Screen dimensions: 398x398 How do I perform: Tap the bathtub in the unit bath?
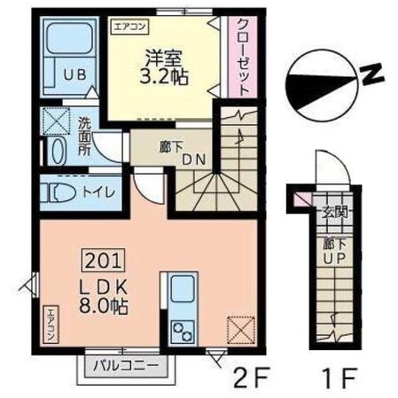(71, 41)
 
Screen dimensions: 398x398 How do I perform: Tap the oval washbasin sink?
(57, 151)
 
